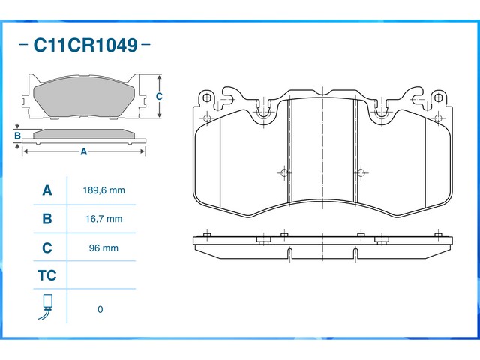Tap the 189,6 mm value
(x=103, y=190)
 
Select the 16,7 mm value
(x=103, y=219)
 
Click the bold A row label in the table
(x=46, y=190)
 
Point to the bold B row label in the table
(x=46, y=219)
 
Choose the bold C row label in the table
(x=46, y=247)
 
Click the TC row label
(x=46, y=276)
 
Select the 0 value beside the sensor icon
(x=100, y=309)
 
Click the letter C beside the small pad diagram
(x=160, y=97)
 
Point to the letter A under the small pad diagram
(x=84, y=151)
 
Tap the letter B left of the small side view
(x=17, y=136)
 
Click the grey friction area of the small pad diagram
(x=84, y=97)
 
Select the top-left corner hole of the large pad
(x=207, y=98)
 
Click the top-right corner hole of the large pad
(x=437, y=98)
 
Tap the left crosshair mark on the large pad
(x=283, y=173)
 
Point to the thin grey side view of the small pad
(x=84, y=135)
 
